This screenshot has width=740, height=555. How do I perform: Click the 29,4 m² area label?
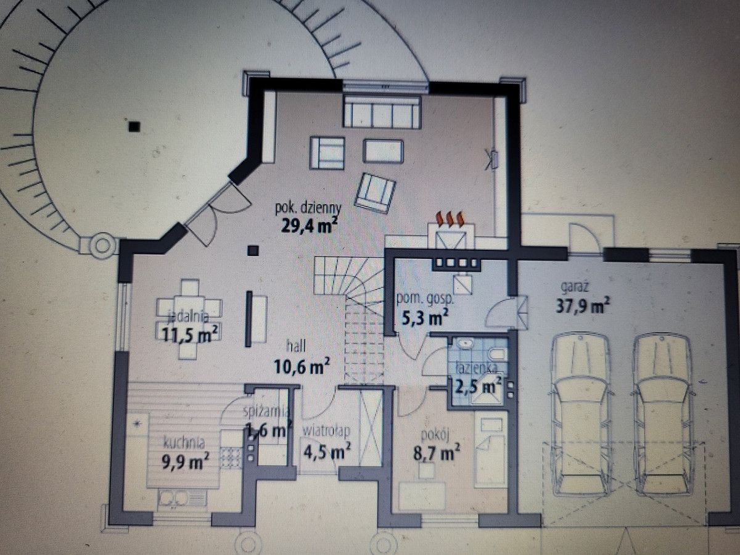[x=310, y=226]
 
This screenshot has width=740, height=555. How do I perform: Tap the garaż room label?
[x=575, y=287]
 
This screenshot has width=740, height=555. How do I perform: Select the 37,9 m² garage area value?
[x=582, y=306]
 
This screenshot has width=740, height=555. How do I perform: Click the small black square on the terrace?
[x=134, y=126]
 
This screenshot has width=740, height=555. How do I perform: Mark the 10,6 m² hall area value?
[x=302, y=366]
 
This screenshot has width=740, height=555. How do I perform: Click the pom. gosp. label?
[x=425, y=300]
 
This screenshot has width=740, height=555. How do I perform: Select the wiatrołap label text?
[x=326, y=431]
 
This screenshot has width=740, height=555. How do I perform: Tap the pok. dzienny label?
[x=308, y=208]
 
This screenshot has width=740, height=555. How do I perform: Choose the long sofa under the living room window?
[x=382, y=111]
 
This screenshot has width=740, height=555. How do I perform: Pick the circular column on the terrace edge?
[x=102, y=245]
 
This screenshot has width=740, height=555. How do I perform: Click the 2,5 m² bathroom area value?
[x=478, y=386]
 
